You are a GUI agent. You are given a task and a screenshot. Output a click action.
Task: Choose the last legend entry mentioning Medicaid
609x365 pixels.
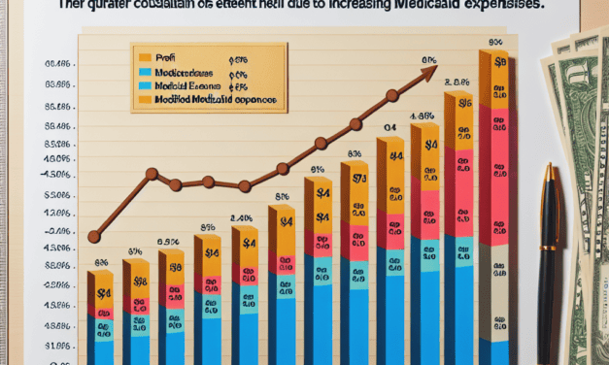click(x=209, y=100)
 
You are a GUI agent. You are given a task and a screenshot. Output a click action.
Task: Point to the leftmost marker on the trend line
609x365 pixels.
click(x=94, y=236)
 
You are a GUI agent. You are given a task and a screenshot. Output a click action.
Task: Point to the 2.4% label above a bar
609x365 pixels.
click(x=241, y=217)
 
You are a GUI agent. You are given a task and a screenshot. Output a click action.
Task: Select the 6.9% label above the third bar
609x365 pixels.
click(x=167, y=241)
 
